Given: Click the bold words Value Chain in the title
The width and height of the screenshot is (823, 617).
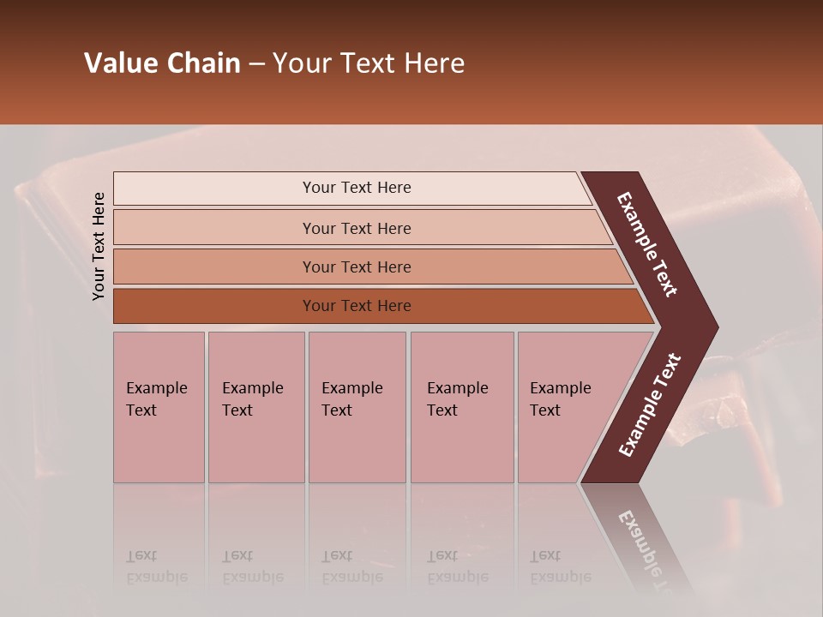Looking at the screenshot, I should [x=162, y=63].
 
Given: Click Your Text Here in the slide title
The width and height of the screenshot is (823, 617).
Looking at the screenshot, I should [x=369, y=63].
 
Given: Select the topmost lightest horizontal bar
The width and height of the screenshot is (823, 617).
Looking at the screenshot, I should [x=351, y=188].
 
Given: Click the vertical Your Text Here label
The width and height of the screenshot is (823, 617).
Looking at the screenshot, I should [x=99, y=246].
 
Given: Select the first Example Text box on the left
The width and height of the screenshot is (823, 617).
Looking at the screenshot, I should [x=159, y=407].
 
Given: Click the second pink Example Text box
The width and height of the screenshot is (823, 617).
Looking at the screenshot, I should [x=255, y=407].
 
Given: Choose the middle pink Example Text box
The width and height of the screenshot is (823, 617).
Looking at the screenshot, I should [x=357, y=407].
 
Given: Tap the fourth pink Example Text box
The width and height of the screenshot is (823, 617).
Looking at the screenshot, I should [x=461, y=407].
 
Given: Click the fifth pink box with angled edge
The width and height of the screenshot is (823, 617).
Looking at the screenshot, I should [x=566, y=407].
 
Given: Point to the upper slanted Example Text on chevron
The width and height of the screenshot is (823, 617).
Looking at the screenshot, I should [x=647, y=245].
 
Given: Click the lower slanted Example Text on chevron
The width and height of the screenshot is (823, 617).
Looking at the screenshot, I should [x=649, y=405].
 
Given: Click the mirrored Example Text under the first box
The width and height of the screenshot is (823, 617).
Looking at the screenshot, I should [x=156, y=566].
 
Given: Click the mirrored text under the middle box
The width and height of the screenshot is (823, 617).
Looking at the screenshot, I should [x=351, y=566].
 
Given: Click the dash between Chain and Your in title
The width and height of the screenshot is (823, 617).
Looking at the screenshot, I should [x=256, y=64].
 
